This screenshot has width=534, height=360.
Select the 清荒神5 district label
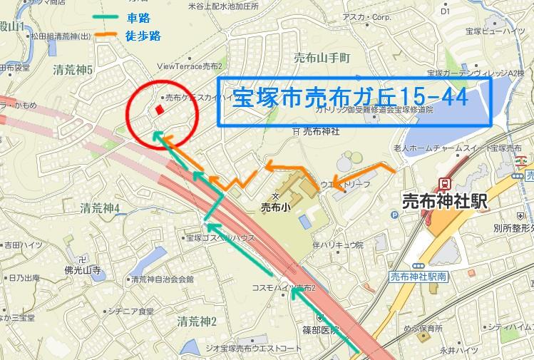click(73, 70)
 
